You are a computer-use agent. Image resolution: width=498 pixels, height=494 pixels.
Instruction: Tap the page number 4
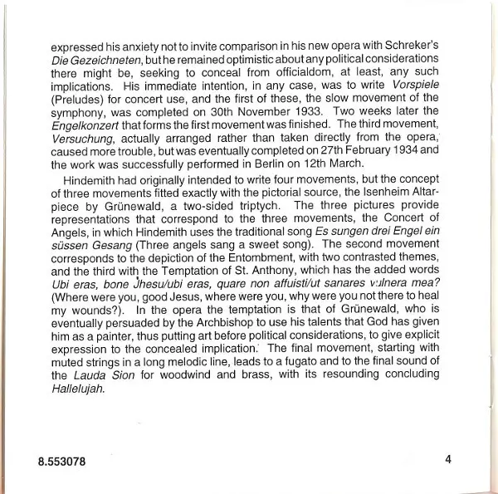tap(447, 458)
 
